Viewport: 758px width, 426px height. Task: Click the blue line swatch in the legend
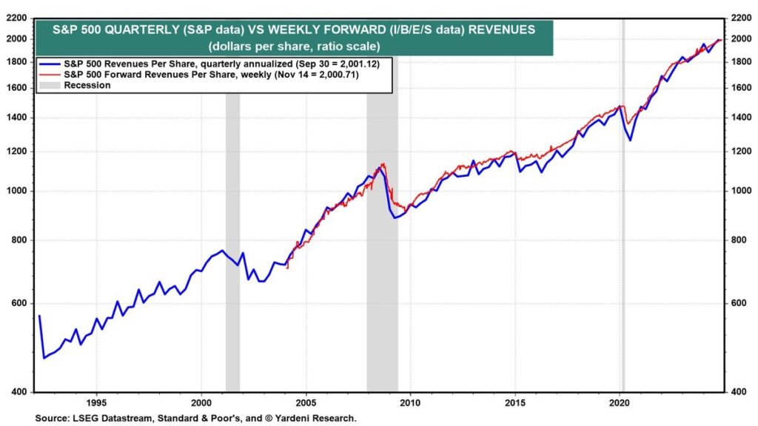pos(50,64)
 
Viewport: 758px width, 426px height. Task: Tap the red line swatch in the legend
pos(50,75)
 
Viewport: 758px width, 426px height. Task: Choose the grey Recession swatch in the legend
pos(50,85)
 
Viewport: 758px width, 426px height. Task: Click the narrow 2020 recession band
pos(623,222)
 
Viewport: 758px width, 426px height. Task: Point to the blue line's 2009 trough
pos(395,217)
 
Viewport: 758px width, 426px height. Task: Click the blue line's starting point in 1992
pos(39,316)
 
